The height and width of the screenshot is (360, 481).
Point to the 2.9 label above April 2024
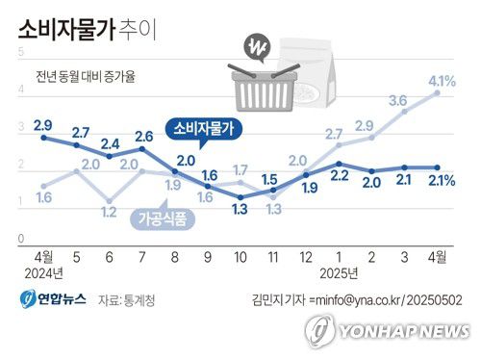(x=43, y=126)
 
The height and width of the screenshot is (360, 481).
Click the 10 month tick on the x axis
(x=240, y=257)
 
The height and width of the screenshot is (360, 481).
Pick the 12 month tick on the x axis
(x=305, y=257)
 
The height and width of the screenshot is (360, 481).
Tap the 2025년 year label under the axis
(x=339, y=273)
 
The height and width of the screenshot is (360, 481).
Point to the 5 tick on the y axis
(x=21, y=49)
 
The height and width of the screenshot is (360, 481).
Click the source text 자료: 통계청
(x=126, y=301)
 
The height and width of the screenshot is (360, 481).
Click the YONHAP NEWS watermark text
(x=405, y=330)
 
